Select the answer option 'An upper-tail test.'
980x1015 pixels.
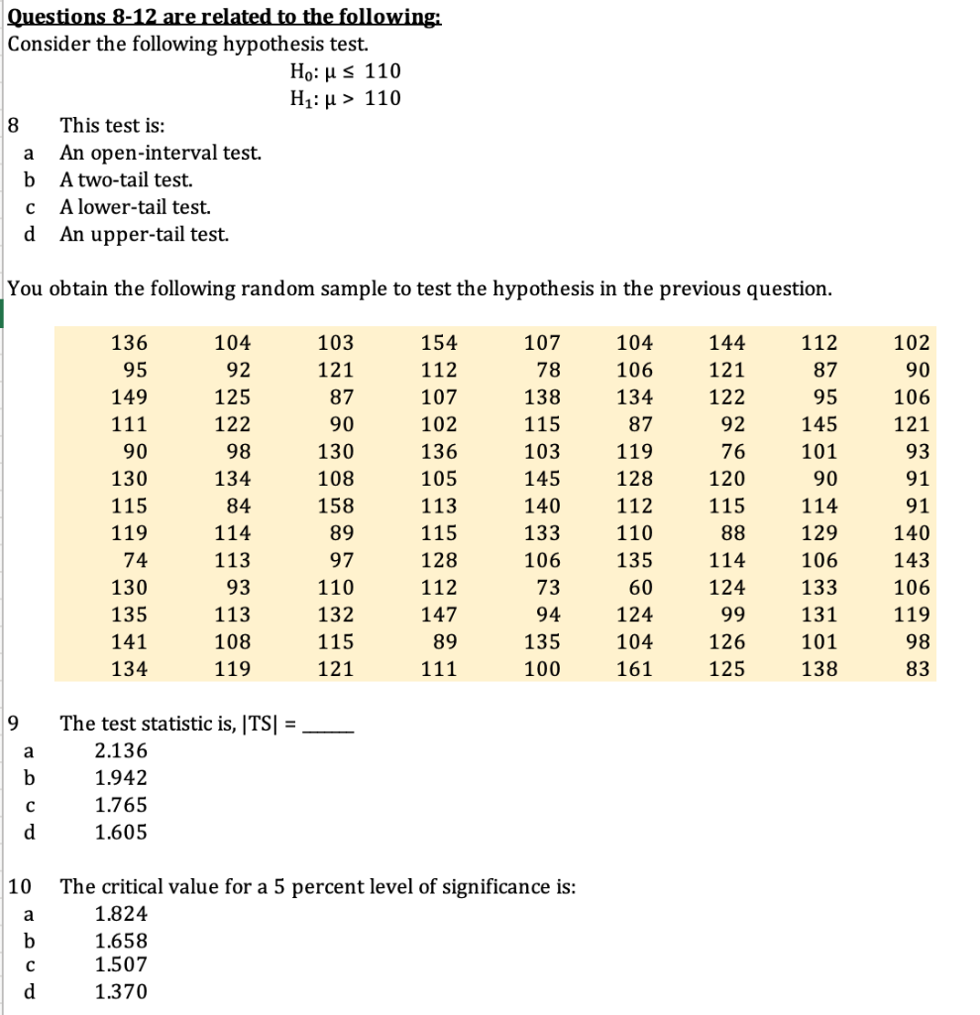(x=145, y=235)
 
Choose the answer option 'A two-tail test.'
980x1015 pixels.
(x=126, y=180)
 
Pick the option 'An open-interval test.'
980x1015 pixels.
(x=161, y=154)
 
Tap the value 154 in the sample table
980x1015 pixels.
(x=439, y=344)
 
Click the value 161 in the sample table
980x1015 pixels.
(x=634, y=669)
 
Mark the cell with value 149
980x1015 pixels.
(x=130, y=397)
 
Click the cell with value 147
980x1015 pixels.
(x=439, y=615)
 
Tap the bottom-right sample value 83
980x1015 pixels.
(x=918, y=669)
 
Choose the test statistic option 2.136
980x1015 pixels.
(x=121, y=751)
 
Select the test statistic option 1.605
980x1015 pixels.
(x=121, y=833)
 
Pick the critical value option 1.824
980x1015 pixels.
(x=121, y=914)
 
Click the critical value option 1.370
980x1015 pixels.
(x=121, y=990)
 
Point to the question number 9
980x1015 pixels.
(x=14, y=724)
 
